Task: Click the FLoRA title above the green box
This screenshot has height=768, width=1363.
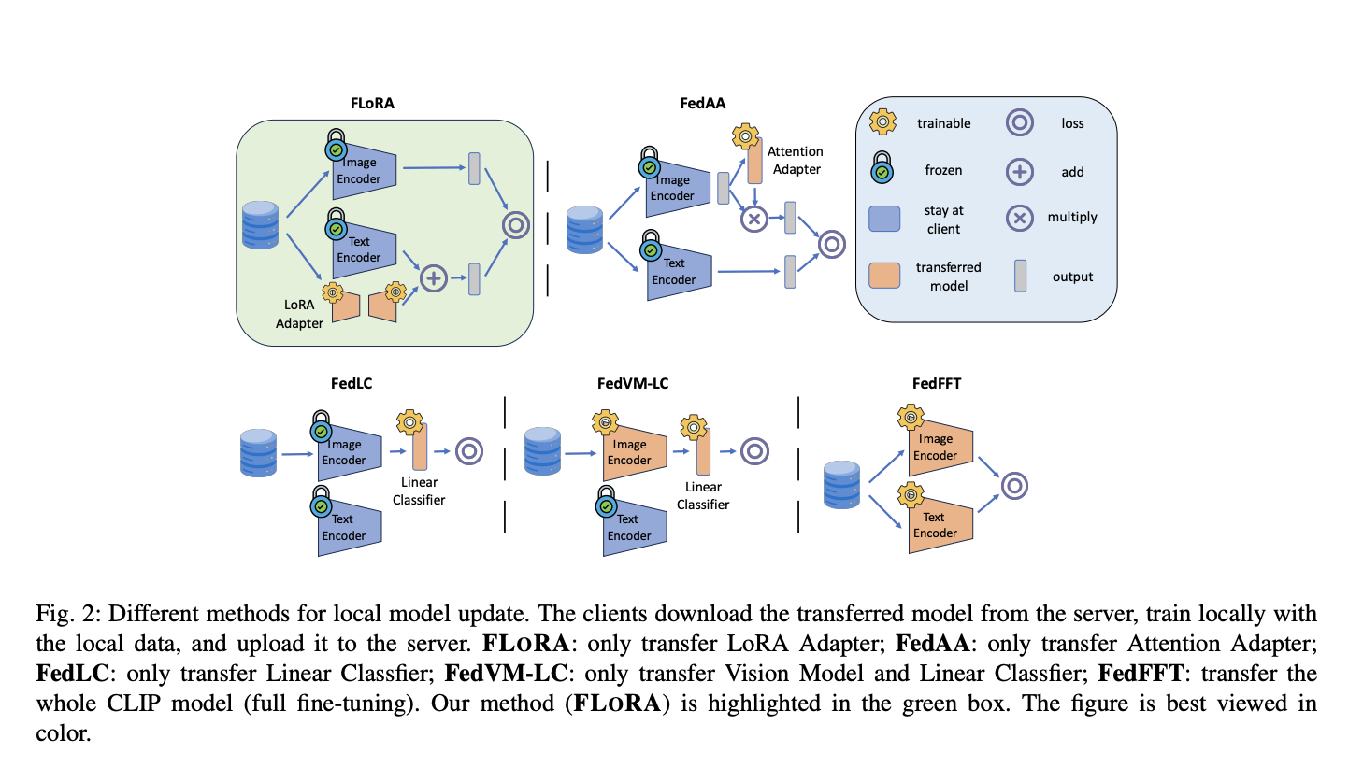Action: pos(372,103)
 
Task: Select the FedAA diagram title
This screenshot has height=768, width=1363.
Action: pos(702,103)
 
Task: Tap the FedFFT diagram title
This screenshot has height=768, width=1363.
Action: pos(936,383)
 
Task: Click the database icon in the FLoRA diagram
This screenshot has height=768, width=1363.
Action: pos(260,225)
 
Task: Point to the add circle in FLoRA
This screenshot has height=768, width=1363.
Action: pos(433,278)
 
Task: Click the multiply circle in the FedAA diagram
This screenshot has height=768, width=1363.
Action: pos(753,220)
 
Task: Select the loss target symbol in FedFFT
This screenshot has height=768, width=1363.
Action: pos(1014,486)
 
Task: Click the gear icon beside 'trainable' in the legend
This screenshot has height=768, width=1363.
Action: pos(882,122)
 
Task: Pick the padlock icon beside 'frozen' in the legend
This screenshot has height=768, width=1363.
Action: pos(882,169)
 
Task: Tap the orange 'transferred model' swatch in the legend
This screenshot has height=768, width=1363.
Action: pos(884,275)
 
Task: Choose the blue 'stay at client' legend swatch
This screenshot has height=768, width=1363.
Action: pos(884,219)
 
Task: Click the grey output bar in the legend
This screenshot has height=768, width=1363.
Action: pos(1020,276)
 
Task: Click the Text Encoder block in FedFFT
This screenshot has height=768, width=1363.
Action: pos(940,525)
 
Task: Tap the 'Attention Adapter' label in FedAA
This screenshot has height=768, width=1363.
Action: pos(796,160)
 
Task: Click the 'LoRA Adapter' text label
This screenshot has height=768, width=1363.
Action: pos(299,314)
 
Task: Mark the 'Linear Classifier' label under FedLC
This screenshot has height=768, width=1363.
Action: pos(419,491)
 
